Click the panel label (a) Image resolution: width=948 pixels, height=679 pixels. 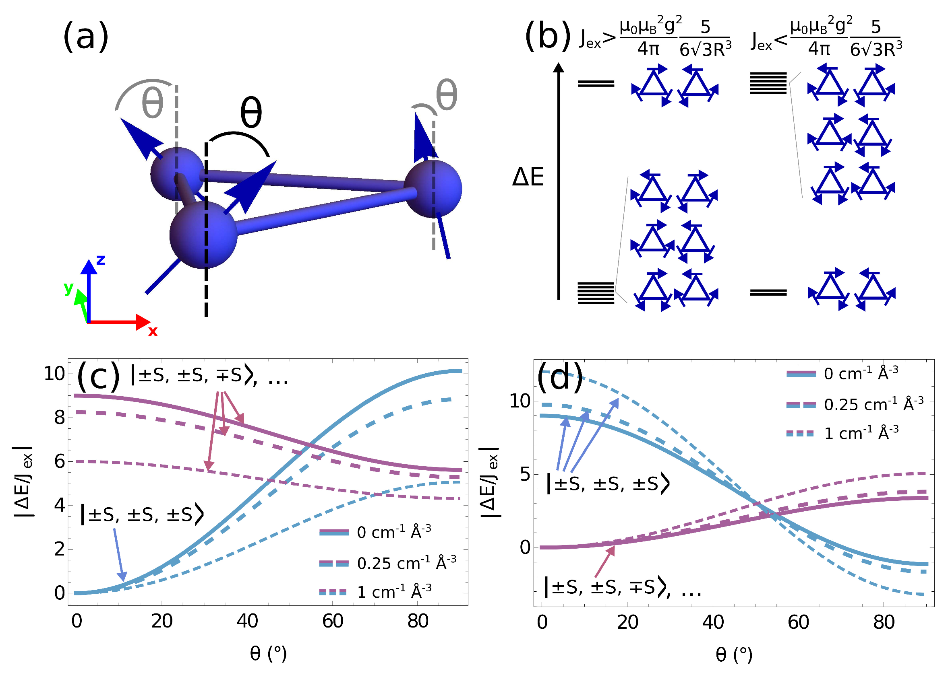click(x=86, y=37)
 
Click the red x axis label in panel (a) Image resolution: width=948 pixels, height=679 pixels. click(x=153, y=331)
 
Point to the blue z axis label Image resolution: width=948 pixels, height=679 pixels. click(x=100, y=260)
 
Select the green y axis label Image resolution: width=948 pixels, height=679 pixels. click(x=68, y=288)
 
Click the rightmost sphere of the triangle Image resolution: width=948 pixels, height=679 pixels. click(x=433, y=189)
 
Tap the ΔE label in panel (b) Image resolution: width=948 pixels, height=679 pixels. click(x=528, y=177)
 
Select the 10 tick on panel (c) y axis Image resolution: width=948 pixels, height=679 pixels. click(x=54, y=373)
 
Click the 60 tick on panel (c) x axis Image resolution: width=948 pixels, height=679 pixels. click(x=333, y=621)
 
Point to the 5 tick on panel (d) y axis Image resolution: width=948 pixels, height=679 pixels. click(x=525, y=474)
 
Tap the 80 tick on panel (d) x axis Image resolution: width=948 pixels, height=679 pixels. click(x=884, y=622)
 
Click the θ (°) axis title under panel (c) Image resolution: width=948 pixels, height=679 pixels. click(x=268, y=654)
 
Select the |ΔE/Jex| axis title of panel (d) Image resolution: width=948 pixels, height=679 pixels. click(x=490, y=482)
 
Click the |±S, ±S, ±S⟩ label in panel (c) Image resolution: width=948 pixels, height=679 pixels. click(x=142, y=514)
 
